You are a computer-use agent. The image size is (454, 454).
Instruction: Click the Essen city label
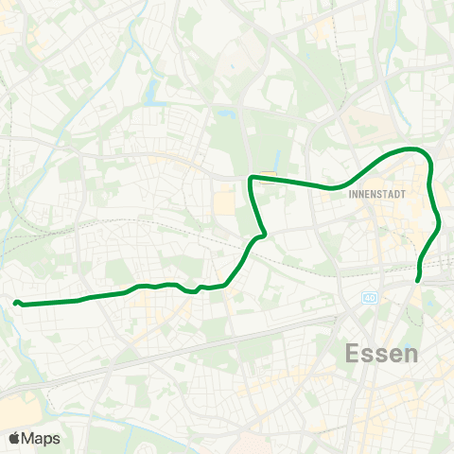coord(382,355)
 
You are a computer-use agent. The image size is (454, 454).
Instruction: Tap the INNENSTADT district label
coord(377,198)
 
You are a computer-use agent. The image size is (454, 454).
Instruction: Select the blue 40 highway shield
coord(368,299)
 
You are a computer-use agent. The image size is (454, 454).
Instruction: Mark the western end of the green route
coord(16,303)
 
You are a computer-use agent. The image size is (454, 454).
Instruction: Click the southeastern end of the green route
coord(418,280)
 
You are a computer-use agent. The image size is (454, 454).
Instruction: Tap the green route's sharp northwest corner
coord(251,178)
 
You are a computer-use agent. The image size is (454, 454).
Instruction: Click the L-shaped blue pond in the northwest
coord(152,93)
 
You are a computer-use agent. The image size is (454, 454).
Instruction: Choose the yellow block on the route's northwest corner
coord(267,174)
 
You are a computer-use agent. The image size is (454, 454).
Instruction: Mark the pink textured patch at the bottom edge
coord(252,445)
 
